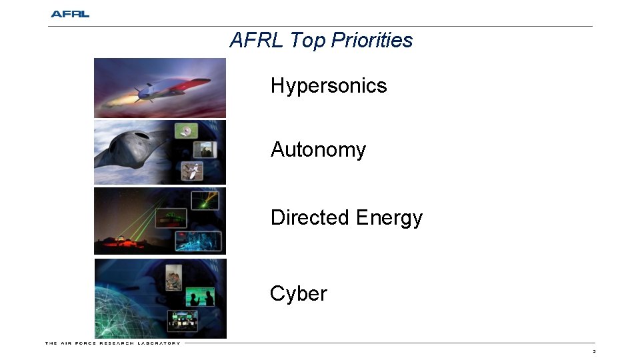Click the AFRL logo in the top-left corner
[x=70, y=14]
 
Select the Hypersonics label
[x=329, y=86]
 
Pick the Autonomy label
[x=318, y=150]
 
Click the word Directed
[x=310, y=218]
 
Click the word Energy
[x=389, y=218]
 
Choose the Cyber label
[x=298, y=294]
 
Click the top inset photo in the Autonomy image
[x=186, y=131]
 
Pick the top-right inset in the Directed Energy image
[x=204, y=201]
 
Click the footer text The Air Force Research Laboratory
[x=113, y=343]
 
